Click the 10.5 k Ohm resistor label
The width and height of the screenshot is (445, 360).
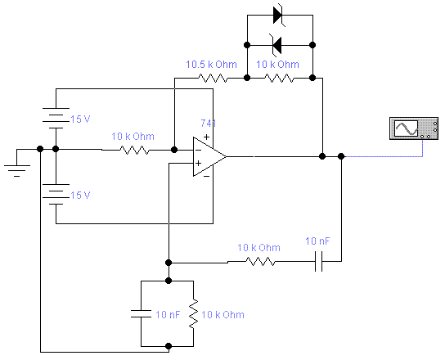[211, 65]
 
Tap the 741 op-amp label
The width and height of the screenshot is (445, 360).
[209, 124]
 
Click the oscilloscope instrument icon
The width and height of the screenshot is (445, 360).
[414, 128]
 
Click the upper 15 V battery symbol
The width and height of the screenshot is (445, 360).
[56, 118]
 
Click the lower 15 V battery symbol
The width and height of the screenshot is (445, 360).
[56, 194]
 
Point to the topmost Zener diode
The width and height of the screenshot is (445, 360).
[278, 15]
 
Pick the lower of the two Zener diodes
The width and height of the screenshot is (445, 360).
[276, 45]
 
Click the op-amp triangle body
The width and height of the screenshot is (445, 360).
[209, 156]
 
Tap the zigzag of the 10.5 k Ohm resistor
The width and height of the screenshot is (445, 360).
[213, 78]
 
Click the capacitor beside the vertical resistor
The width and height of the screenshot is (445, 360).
[141, 313]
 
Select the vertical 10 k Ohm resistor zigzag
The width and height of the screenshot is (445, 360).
[194, 313]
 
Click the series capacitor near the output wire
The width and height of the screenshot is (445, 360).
[319, 261]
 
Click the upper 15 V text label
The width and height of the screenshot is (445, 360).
[80, 119]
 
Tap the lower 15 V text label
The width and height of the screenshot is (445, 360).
[80, 196]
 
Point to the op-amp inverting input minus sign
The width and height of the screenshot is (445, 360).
[199, 150]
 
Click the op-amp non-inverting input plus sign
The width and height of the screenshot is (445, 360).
[199, 163]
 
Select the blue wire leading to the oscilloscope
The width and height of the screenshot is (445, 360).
[423, 156]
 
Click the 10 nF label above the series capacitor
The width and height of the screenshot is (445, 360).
[317, 241]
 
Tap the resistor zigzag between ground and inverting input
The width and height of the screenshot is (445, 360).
[134, 150]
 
